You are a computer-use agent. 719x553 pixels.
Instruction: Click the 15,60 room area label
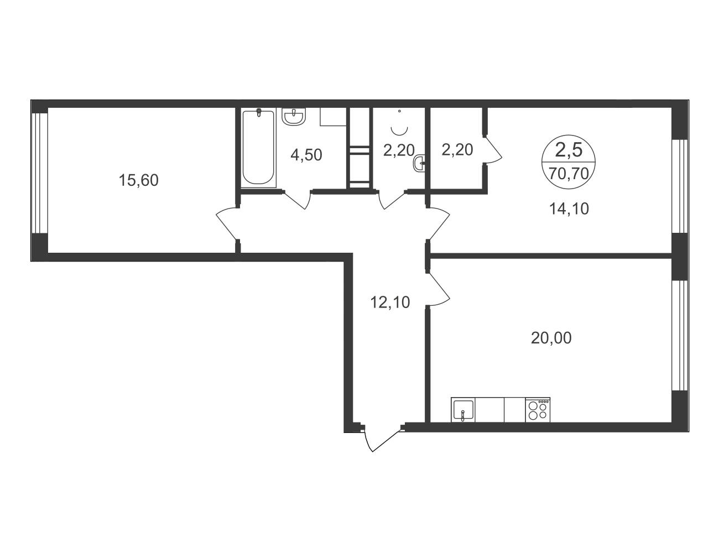pos(139,181)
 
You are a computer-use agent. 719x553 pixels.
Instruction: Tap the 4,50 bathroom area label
pos(306,155)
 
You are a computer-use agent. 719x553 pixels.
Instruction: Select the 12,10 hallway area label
pos(390,302)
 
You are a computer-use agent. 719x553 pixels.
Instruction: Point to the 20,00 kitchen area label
pos(551,338)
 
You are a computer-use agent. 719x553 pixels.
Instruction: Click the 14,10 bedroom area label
pos(569,208)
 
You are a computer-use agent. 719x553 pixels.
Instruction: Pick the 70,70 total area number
pos(569,173)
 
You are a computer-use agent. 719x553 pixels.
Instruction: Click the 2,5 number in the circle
pos(569,150)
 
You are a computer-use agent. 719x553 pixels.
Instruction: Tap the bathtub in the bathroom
pos(258,148)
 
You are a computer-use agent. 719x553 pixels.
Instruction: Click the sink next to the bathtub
pos(294,117)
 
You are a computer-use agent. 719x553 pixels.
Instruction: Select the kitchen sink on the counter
pos(462,410)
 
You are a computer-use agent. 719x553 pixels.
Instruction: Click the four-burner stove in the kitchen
pos(538,410)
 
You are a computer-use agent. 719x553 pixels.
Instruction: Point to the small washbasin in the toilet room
pos(419,163)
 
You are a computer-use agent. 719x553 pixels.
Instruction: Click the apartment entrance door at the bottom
pos(383,439)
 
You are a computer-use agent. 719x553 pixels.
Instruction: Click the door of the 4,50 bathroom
pos(298,200)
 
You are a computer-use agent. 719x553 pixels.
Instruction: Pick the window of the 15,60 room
pos(40,173)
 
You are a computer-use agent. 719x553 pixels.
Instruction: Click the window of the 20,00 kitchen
pos(680,336)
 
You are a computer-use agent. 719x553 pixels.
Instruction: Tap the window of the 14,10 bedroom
pos(680,186)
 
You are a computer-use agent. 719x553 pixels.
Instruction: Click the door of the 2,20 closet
pos(493,150)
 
